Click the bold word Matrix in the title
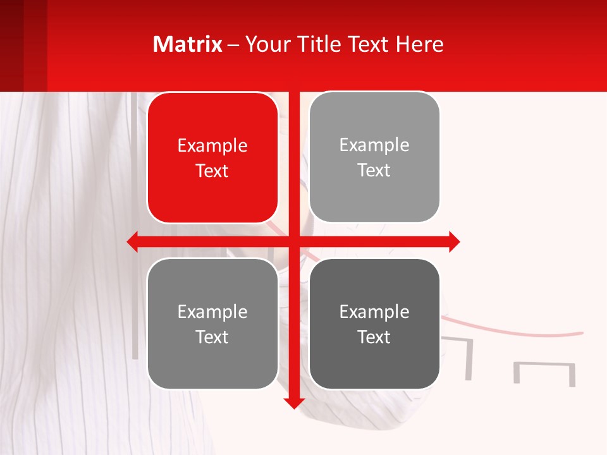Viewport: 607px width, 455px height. coord(187,44)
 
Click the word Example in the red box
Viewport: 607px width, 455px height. coord(212,146)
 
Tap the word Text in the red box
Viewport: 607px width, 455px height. coord(212,171)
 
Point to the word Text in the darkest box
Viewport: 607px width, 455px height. coord(374,337)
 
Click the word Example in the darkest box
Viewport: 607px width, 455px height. coord(374,312)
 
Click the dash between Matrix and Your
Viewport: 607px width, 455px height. coord(233,45)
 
